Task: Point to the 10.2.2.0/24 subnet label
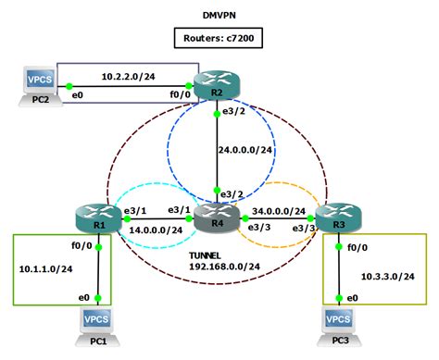pos(126,79)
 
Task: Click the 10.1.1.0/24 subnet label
pos(46,269)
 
